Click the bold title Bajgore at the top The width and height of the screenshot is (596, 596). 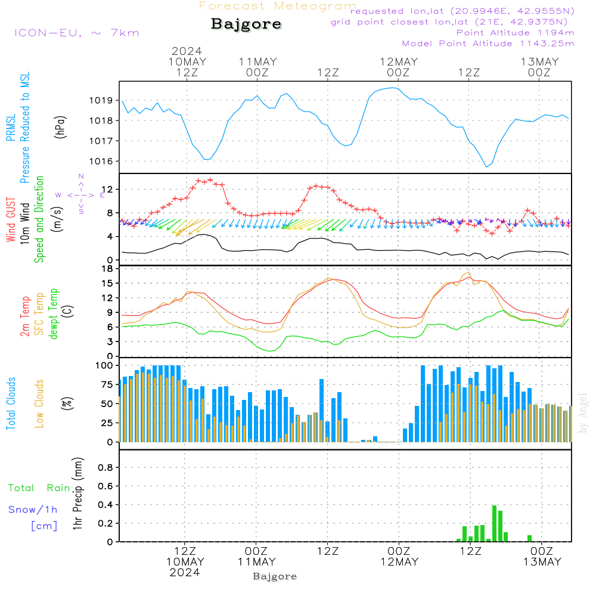[x=246, y=24]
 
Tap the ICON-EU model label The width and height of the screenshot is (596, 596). [x=76, y=33]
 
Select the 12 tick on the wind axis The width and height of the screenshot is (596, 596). [x=107, y=190]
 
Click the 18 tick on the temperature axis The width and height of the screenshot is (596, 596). [x=107, y=269]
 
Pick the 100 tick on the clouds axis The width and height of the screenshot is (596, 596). [x=104, y=365]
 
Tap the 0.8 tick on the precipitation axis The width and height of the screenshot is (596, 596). [x=105, y=468]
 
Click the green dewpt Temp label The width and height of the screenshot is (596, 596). [x=53, y=314]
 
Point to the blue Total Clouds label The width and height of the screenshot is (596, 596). [x=11, y=403]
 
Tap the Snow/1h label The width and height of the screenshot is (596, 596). [x=33, y=510]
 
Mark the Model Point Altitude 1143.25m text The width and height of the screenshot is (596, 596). [x=488, y=44]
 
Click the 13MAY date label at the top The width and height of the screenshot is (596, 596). [x=539, y=62]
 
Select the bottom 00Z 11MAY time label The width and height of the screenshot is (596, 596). [x=256, y=557]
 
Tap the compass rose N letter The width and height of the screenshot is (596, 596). [x=81, y=176]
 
